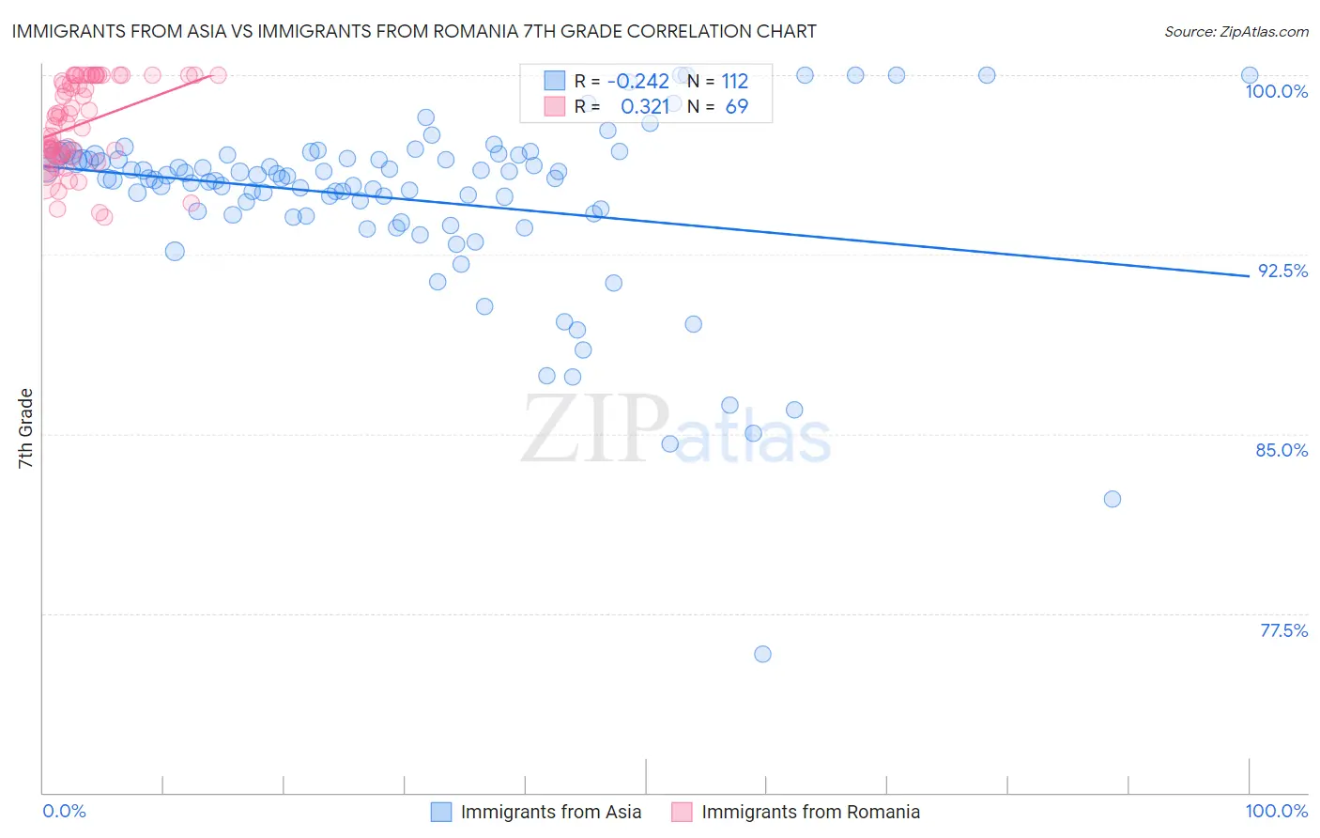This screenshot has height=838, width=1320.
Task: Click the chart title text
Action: [x=414, y=31]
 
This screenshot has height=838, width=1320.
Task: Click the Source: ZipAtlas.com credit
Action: [x=1236, y=31]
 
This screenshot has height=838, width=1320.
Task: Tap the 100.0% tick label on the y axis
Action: [x=1276, y=91]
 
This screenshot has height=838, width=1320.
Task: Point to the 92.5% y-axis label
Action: [x=1282, y=271]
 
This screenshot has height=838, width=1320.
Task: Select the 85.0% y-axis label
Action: [x=1282, y=450]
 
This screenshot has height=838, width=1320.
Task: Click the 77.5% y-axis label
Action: [x=1283, y=630]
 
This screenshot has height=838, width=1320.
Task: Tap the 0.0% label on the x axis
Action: [x=65, y=811]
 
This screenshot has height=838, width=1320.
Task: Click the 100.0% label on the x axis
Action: [x=1276, y=811]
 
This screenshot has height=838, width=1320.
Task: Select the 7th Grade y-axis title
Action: [x=25, y=428]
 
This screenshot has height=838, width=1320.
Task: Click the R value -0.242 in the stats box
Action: [x=637, y=81]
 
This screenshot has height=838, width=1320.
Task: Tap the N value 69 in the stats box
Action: [x=737, y=107]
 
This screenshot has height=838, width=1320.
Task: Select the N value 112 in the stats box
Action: [x=734, y=81]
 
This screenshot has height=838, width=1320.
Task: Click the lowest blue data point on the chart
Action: [x=762, y=654]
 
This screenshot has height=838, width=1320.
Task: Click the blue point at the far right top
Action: [x=1250, y=75]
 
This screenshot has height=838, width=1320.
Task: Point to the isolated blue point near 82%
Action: [x=1113, y=499]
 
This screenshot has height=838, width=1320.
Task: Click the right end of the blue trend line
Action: [x=1249, y=275]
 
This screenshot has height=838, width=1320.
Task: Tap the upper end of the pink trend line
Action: [x=212, y=74]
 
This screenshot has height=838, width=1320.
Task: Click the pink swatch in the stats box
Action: [x=555, y=107]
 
